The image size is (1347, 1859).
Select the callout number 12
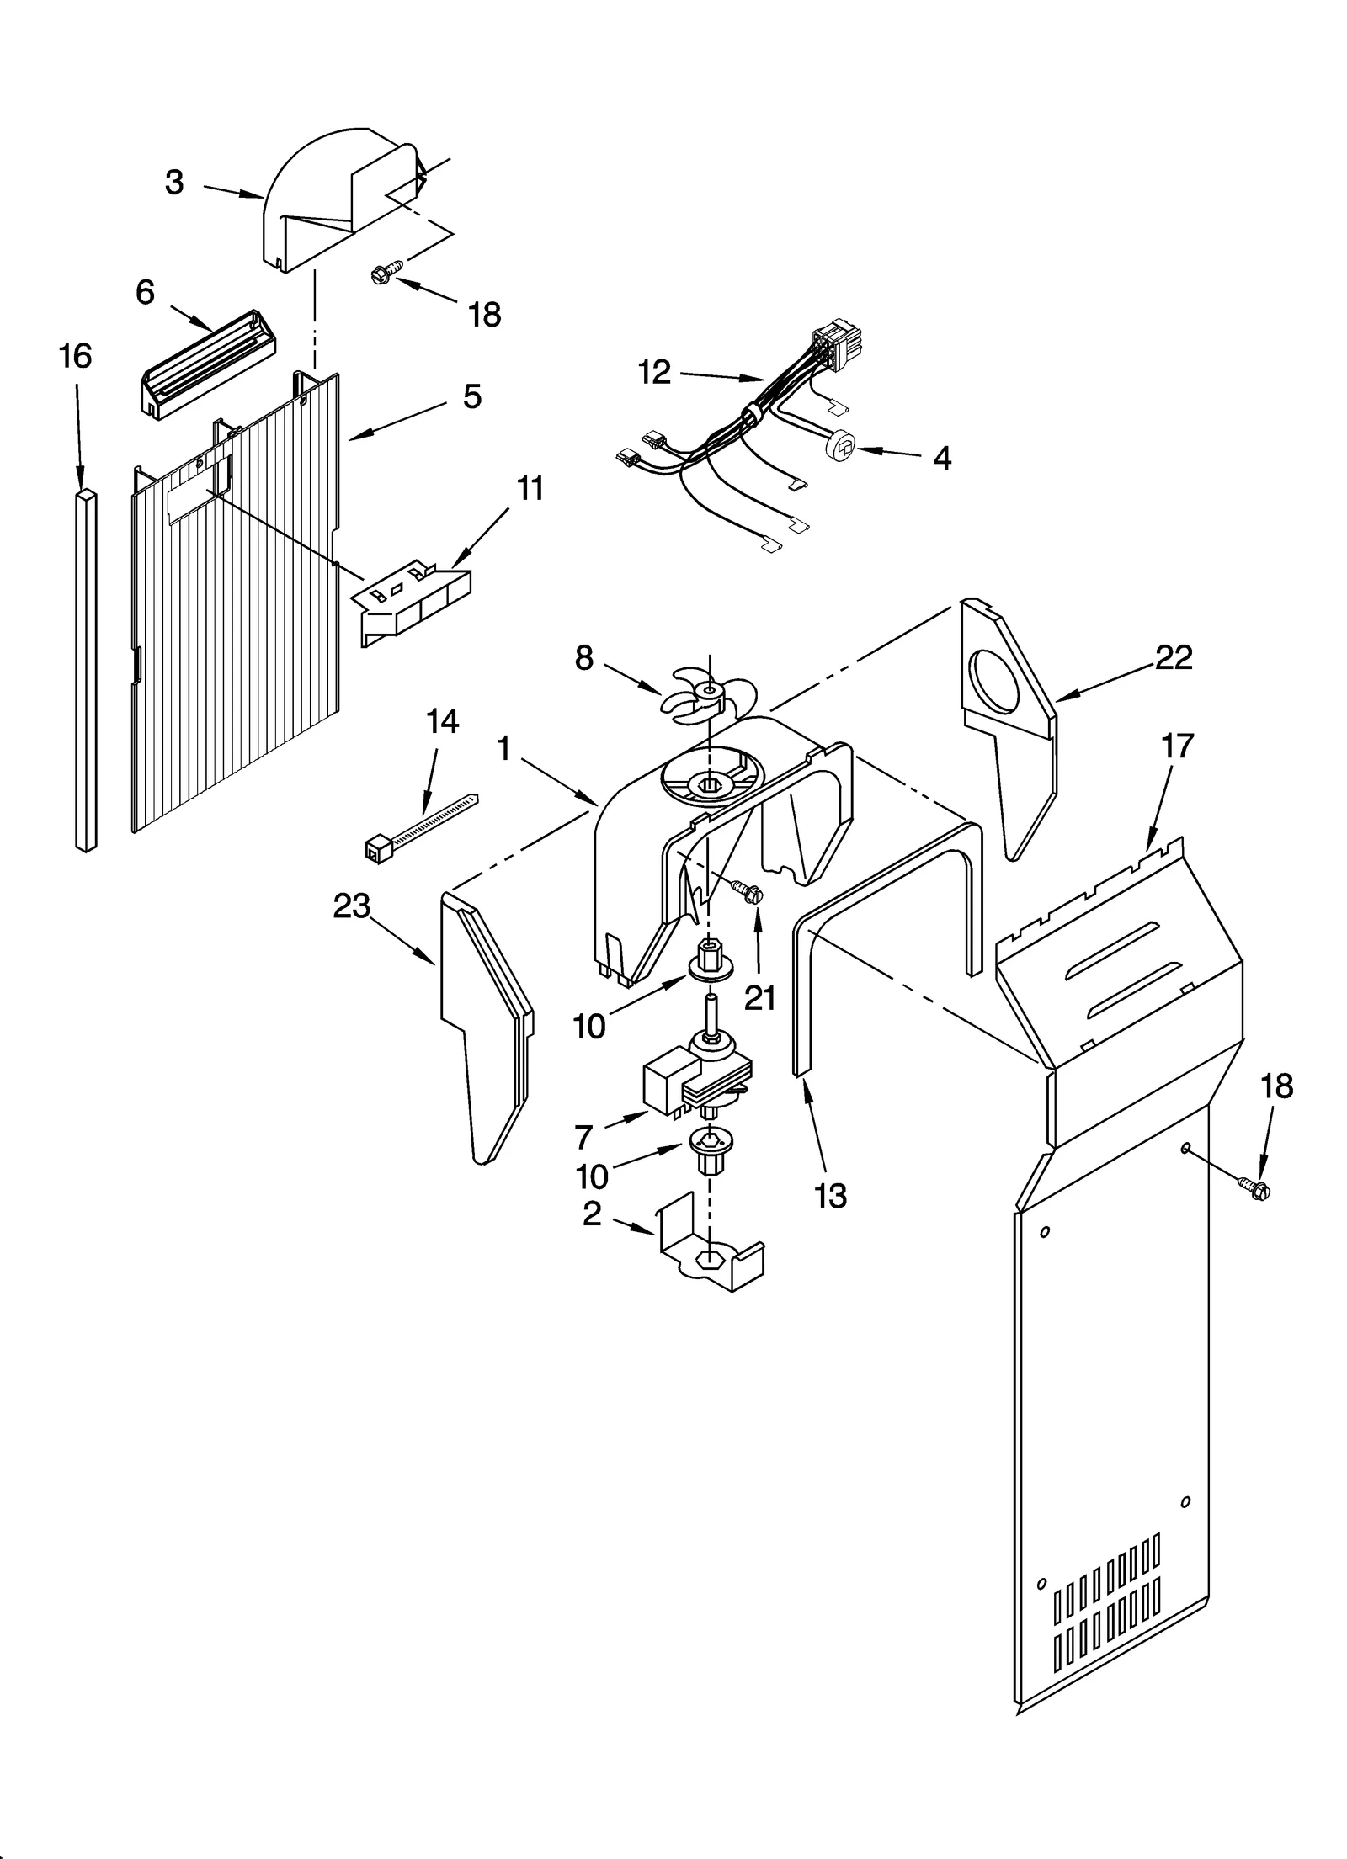click(x=654, y=371)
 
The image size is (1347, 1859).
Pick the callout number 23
click(x=351, y=906)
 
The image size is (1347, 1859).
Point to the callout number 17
click(x=1177, y=746)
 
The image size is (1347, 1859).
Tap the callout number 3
click(x=174, y=182)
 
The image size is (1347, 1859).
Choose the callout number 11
click(x=530, y=488)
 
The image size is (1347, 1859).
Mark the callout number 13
click(x=830, y=1195)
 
